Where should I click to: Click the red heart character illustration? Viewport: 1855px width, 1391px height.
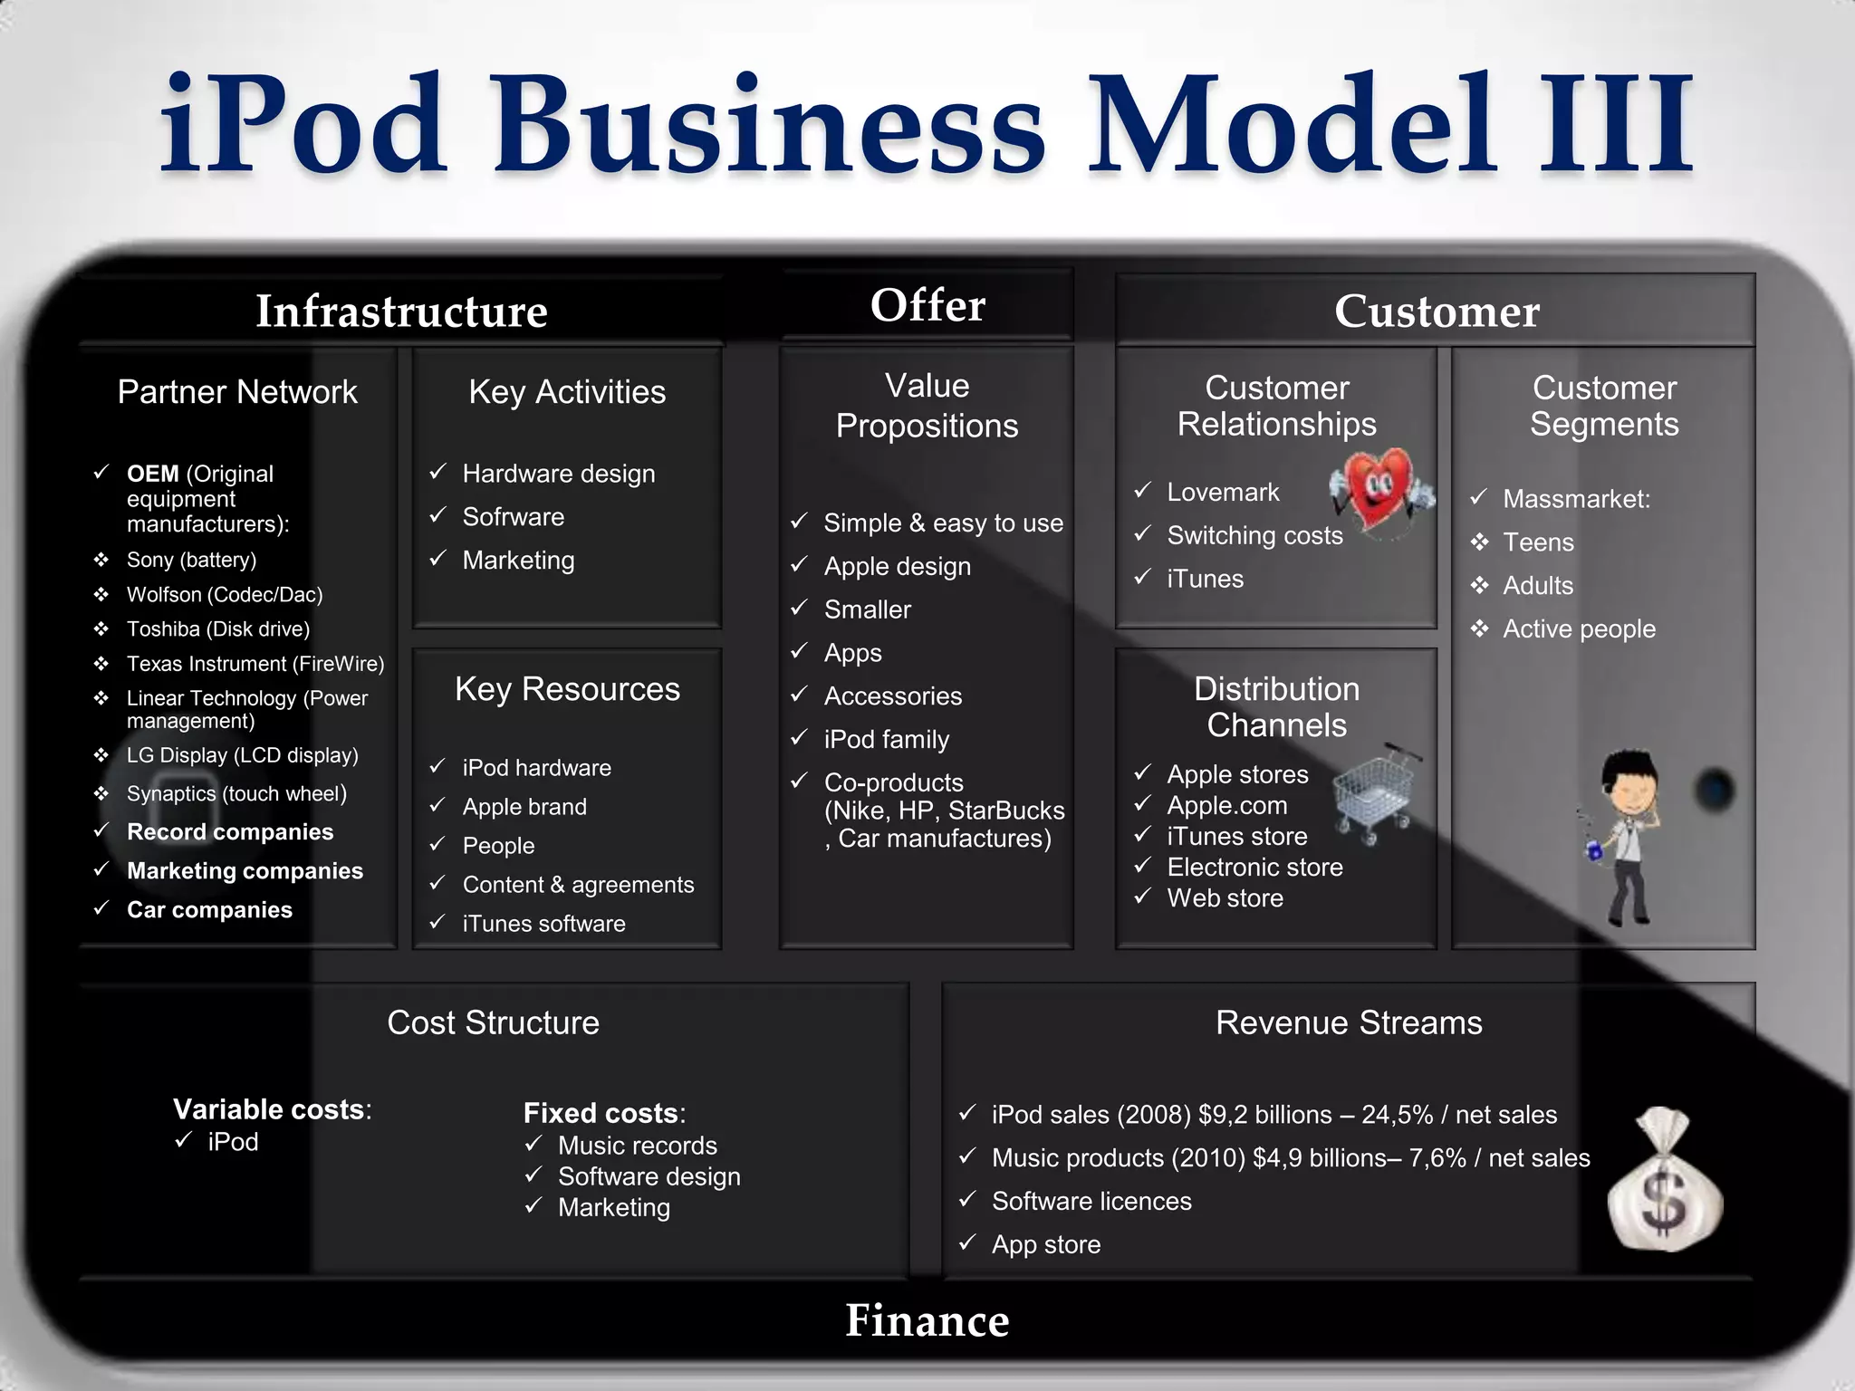pos(1381,489)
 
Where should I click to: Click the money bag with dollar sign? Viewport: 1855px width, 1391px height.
pos(1665,1181)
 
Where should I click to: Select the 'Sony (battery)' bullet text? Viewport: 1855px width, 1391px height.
pos(191,560)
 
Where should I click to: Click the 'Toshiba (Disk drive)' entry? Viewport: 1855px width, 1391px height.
pos(217,628)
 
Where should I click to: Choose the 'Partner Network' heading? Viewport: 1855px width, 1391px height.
pos(237,392)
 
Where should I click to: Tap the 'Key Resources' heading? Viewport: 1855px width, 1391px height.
pos(567,689)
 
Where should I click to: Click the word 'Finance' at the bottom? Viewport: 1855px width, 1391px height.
pos(927,1320)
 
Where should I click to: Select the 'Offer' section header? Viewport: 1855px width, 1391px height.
pos(927,305)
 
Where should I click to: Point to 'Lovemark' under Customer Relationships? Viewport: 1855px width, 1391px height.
pos(1223,492)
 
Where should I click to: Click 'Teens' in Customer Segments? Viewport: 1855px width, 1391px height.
pos(1538,542)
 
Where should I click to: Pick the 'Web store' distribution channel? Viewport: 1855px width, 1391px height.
pos(1225,898)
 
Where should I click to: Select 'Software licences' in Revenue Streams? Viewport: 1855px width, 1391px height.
pos(1091,1202)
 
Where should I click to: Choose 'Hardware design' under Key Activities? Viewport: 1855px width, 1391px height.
pos(558,474)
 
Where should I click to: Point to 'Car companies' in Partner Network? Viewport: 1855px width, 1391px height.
pos(209,910)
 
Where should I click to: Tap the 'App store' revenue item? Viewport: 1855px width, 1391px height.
pos(1046,1245)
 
